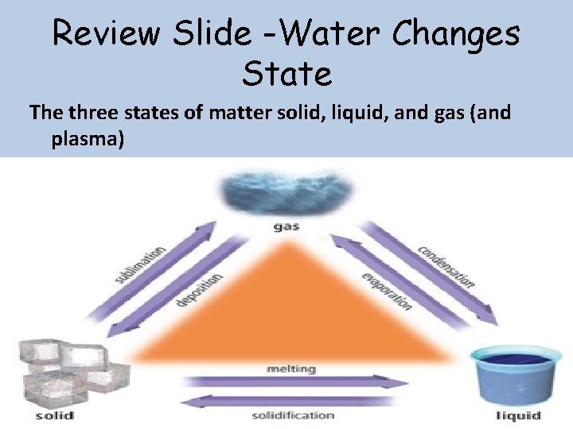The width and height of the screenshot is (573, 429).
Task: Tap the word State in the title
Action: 286,74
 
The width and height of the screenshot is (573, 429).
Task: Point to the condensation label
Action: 446,265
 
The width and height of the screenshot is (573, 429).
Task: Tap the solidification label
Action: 293,415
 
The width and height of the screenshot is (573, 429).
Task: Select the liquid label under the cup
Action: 517,415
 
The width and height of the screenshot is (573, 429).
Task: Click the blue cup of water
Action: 516,373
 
